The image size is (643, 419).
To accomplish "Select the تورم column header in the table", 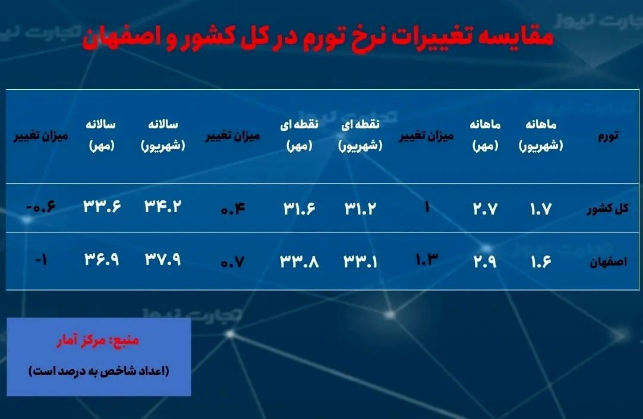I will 606,136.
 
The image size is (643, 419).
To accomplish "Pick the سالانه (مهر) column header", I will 102,135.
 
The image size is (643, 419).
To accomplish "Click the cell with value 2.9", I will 484,261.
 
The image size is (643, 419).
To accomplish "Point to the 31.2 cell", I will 360,209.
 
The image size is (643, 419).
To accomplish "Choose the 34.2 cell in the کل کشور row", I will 162,207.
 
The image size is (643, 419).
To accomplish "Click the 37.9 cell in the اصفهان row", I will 162,260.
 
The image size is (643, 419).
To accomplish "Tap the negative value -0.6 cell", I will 41,207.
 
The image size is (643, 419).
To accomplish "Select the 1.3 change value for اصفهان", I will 425,260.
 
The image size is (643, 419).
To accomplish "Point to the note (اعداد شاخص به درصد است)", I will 99,371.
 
